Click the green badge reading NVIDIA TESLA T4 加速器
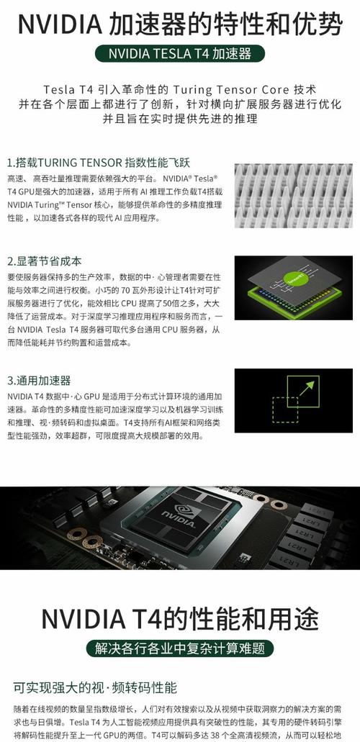point(180,54)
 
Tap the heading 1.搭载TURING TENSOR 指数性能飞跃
point(98,162)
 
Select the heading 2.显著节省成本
point(44,261)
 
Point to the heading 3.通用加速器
point(39,381)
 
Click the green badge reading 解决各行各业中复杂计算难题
point(179,648)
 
